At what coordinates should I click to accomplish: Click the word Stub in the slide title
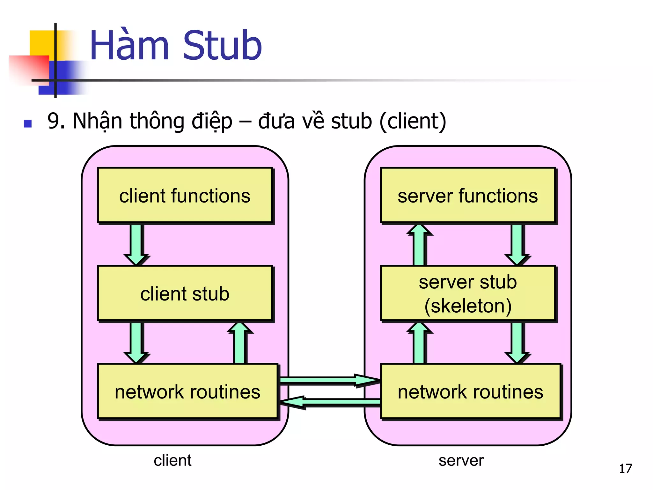click(x=222, y=45)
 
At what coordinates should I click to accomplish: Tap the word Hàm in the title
click(x=129, y=45)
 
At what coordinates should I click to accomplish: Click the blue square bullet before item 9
click(x=28, y=123)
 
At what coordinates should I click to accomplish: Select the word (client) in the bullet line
click(x=413, y=121)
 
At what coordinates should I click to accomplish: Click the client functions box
click(x=185, y=195)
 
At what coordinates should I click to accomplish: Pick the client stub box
click(x=185, y=293)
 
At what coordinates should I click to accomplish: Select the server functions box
click(x=468, y=195)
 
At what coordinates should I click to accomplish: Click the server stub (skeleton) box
click(x=468, y=293)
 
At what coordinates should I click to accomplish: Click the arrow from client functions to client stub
click(x=136, y=244)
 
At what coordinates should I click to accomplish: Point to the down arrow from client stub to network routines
click(x=136, y=342)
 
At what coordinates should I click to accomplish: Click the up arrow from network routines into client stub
click(x=240, y=343)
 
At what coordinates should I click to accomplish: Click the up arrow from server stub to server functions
click(x=419, y=245)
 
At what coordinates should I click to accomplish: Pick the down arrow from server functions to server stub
click(x=517, y=244)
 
